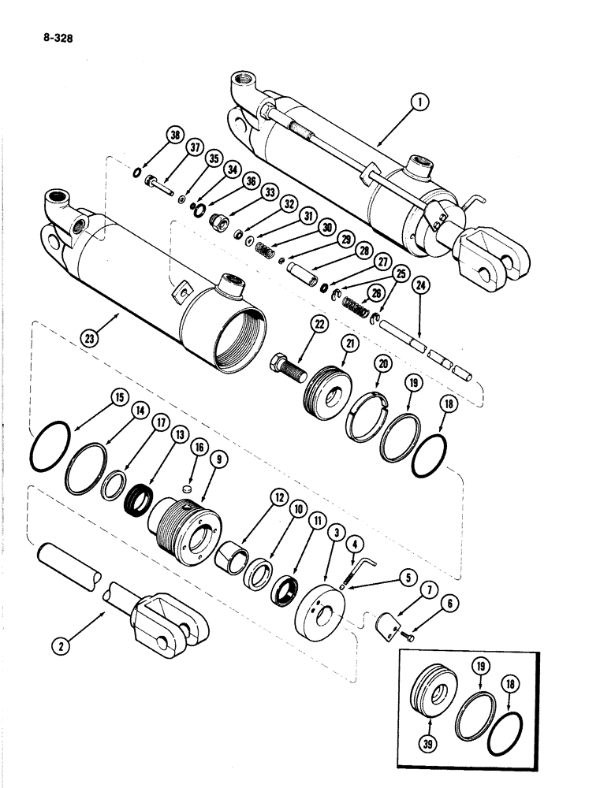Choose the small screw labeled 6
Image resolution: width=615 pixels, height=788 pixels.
407,634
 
